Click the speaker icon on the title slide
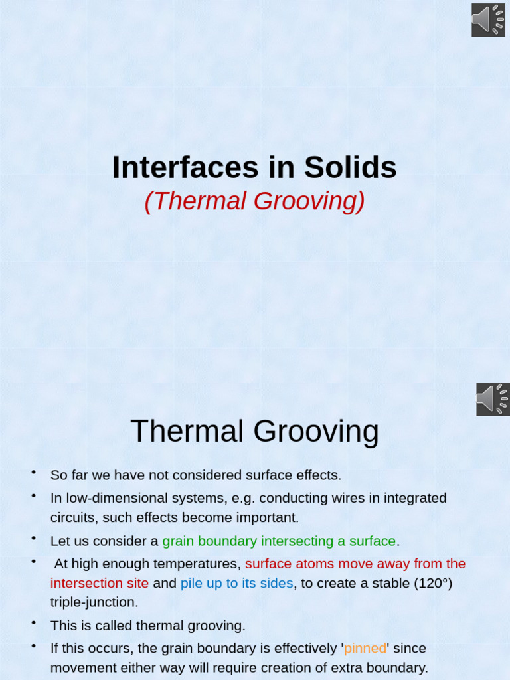click(489, 20)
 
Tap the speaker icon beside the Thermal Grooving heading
click(493, 399)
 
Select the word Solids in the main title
click(351, 167)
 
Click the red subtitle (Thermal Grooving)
click(254, 201)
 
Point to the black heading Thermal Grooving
click(254, 432)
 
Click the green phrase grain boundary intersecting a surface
click(279, 541)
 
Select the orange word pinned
click(365, 648)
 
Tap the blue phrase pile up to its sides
click(236, 584)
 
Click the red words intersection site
click(100, 584)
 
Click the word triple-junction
click(94, 602)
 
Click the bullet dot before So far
click(33, 472)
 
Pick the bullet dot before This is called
click(33, 622)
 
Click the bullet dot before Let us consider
click(33, 538)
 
